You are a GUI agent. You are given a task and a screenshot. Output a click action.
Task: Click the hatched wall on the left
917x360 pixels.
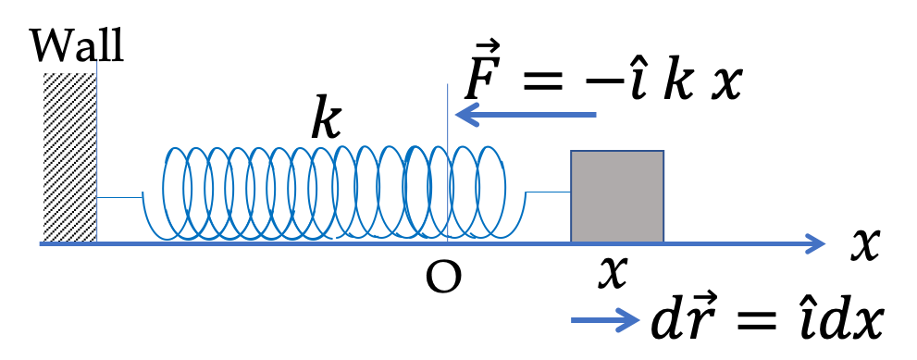click(69, 157)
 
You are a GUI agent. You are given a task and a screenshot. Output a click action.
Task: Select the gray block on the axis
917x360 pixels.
click(617, 196)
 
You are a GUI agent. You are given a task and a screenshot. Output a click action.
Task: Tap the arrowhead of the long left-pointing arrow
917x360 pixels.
click(459, 115)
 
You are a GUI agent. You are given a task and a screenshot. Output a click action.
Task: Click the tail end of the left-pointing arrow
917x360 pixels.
click(595, 115)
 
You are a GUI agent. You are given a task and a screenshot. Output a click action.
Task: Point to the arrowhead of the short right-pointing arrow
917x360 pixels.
click(637, 320)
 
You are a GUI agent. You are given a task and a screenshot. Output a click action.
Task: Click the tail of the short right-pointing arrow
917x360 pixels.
click(574, 320)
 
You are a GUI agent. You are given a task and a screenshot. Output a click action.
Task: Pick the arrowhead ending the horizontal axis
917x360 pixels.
click(821, 243)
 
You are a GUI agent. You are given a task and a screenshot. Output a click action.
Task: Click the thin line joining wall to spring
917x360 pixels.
click(119, 197)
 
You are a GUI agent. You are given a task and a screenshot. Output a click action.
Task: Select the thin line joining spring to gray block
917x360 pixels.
click(548, 192)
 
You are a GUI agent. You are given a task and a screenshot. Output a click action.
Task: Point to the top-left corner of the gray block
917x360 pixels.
click(572, 152)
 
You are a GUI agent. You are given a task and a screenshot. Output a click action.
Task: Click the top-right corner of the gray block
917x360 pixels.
click(663, 152)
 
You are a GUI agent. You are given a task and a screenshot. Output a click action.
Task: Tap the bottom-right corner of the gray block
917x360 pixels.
click(663, 242)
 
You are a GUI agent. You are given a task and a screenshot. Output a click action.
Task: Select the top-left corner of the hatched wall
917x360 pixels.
click(44, 74)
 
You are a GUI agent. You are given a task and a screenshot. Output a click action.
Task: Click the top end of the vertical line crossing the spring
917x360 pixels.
click(448, 85)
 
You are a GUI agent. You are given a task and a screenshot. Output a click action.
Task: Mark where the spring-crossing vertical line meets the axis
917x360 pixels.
click(448, 243)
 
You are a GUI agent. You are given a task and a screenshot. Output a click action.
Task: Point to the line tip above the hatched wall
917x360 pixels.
click(97, 61)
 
